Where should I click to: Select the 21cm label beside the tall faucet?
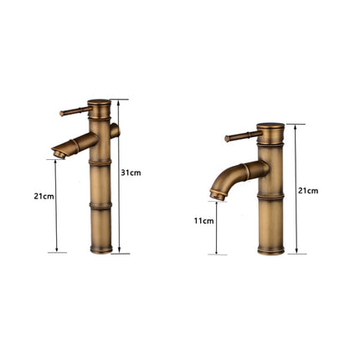(x=44, y=196)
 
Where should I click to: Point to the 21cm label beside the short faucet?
(x=310, y=191)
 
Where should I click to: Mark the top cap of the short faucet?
(x=271, y=127)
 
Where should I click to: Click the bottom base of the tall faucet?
(x=99, y=248)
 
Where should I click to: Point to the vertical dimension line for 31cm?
(x=120, y=176)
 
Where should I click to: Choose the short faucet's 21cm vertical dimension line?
(x=295, y=189)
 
